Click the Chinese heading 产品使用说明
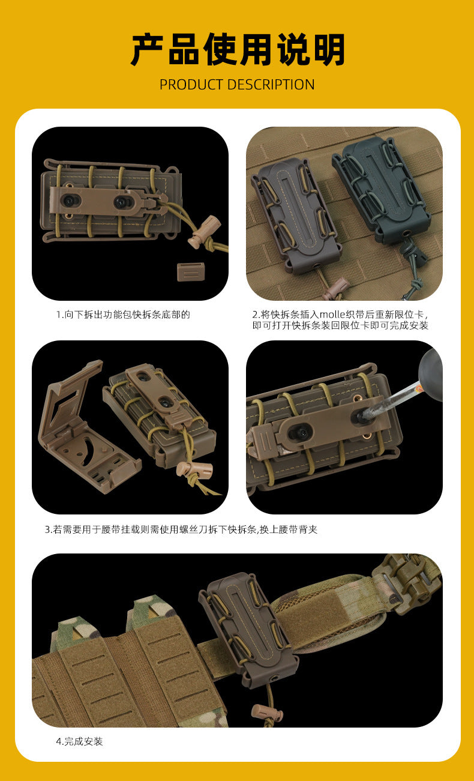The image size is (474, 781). (x=238, y=49)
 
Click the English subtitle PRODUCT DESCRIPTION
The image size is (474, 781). (x=237, y=85)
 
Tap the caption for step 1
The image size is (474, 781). (x=123, y=315)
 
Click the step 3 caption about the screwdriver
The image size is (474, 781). (x=181, y=529)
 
